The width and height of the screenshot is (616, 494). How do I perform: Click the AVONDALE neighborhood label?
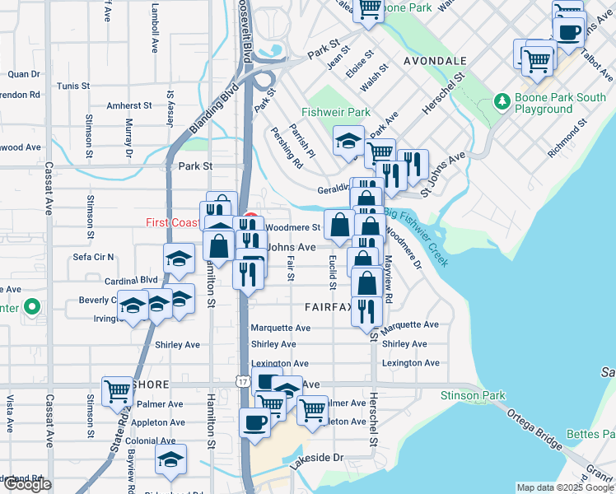pos(436,62)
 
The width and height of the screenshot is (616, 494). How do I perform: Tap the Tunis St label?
pos(73,86)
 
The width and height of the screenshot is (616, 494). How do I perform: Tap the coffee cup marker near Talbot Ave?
pos(568,32)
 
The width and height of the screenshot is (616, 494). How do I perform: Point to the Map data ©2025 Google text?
pos(565,487)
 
